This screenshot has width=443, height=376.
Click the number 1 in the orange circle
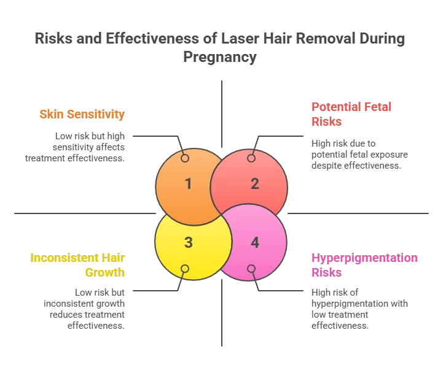coord(189,183)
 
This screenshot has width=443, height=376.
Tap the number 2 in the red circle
coord(255,183)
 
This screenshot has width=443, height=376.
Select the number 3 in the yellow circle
coord(189,242)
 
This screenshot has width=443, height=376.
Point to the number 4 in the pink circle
coord(255,242)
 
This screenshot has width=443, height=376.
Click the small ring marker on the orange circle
coord(184,158)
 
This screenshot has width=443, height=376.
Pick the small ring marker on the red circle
coord(251,158)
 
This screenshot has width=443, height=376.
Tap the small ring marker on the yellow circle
coord(184,269)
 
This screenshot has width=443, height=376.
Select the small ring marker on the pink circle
coord(251,269)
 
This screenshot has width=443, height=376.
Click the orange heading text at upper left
coord(82,114)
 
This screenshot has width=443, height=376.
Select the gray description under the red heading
coord(358,153)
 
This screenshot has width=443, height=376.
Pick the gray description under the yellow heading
coord(84,305)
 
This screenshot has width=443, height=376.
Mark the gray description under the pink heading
coord(358,305)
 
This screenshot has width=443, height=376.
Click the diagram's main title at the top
coord(221,48)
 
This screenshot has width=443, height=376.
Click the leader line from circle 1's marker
coord(157,134)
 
